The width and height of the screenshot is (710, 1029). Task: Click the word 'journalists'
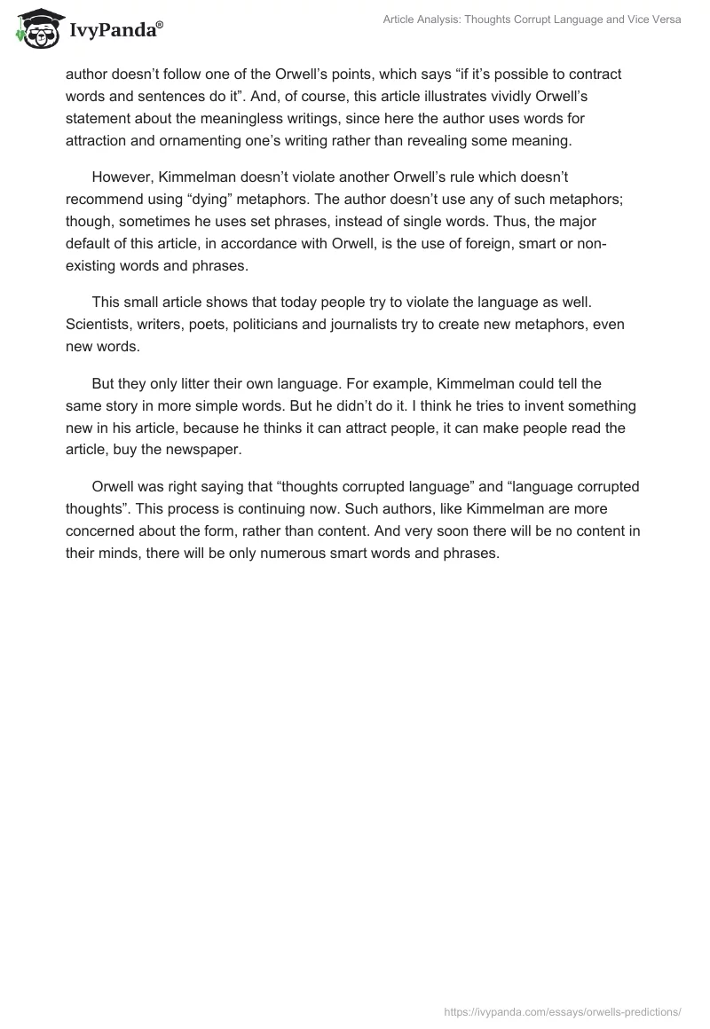point(407,323)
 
